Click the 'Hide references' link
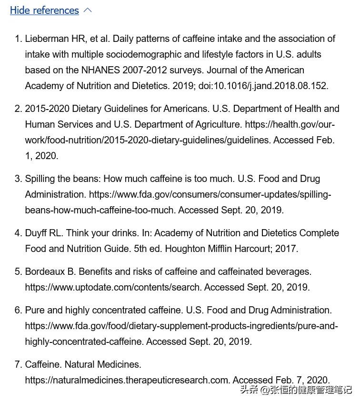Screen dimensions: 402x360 point(44,10)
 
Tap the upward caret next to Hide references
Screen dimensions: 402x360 point(88,10)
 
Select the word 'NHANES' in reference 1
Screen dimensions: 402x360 point(100,70)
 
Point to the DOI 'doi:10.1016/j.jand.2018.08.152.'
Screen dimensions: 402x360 point(266,86)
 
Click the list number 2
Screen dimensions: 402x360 point(18,109)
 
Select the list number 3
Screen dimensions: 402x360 point(18,179)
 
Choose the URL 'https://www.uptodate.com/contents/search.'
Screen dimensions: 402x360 point(113,287)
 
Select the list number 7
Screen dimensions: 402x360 point(18,364)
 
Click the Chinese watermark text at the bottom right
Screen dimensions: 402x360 point(295,390)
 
